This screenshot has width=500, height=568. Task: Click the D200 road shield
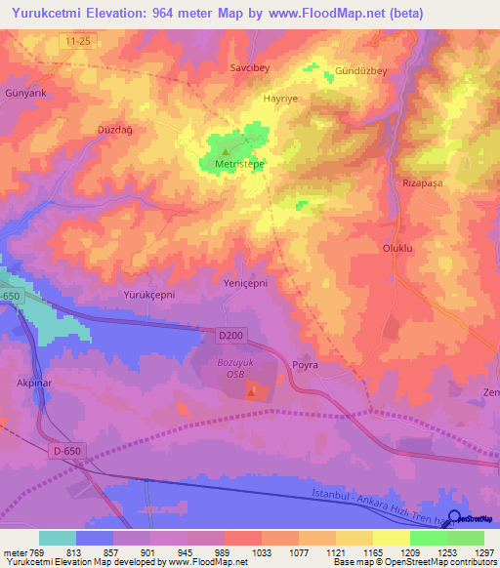[229, 336]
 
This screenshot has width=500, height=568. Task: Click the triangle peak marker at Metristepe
[226, 151]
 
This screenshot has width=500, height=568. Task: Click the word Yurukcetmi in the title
[58, 13]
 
